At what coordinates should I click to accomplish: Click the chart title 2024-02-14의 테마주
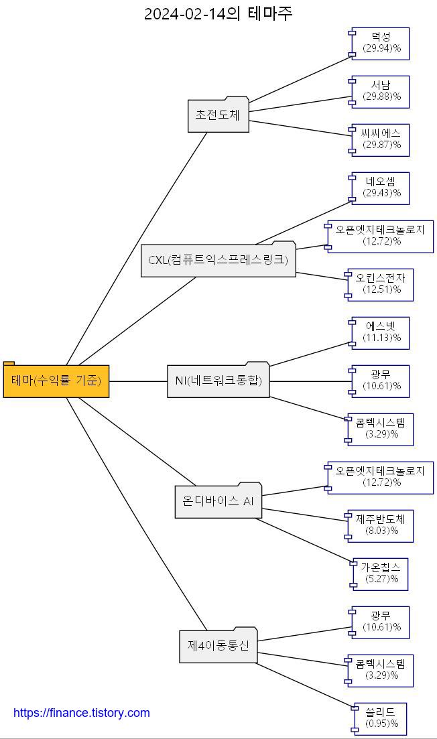point(218,13)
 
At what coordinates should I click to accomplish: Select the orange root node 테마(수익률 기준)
point(56,381)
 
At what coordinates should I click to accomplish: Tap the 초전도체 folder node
point(218,115)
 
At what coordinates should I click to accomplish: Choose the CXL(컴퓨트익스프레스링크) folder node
point(218,261)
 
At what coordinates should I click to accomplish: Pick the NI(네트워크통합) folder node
point(218,381)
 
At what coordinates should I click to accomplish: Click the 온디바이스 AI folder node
point(218,501)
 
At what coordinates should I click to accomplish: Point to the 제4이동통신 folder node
point(218,647)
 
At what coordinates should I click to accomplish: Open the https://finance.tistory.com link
point(82,714)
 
